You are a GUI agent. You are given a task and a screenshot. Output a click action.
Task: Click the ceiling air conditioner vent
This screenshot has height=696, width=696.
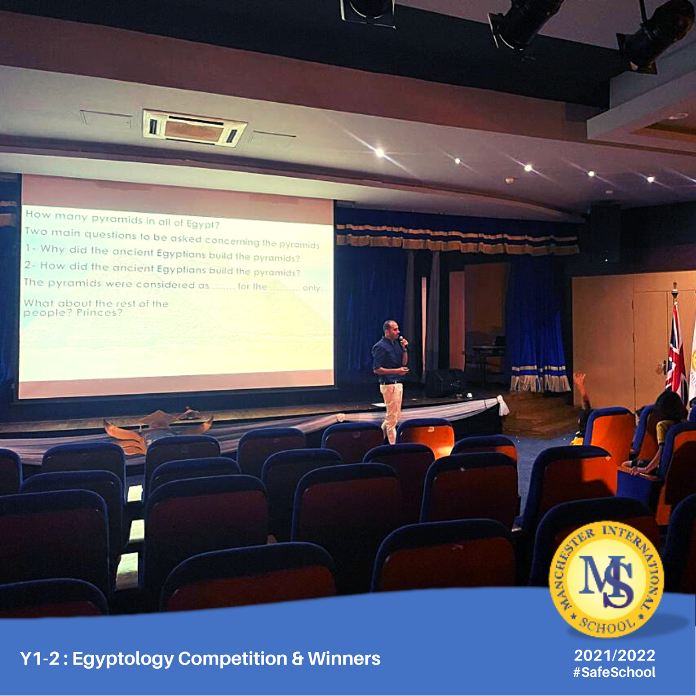pos(194,128)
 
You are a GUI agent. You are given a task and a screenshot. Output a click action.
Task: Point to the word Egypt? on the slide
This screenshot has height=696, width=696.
pos(203,224)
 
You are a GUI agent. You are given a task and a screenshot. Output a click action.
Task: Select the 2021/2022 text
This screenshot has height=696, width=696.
pos(614,655)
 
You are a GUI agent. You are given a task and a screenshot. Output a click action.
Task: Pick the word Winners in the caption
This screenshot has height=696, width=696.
pos(344,658)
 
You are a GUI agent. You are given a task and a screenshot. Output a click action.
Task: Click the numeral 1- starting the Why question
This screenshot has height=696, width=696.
pos(30,248)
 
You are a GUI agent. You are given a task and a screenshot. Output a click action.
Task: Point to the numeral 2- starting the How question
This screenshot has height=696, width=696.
pos(30,264)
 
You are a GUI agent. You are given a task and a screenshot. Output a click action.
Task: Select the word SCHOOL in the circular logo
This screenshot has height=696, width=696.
pos(607,626)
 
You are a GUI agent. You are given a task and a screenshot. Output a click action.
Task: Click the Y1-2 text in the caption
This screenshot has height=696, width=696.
pos(39,658)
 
